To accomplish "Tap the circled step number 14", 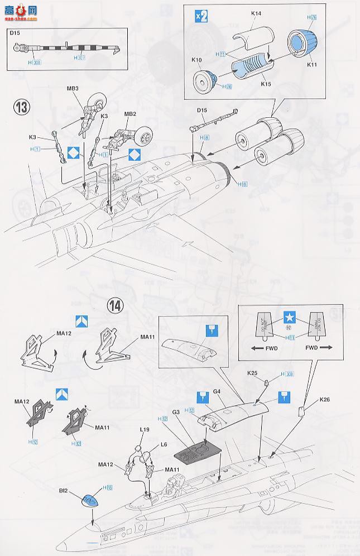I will coord(115,305).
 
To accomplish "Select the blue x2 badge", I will coord(200,16).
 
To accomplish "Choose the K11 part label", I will coord(327,64).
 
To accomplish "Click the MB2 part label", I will coord(129,114).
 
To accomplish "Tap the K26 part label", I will coord(325,399).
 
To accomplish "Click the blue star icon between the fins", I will coord(289,318).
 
